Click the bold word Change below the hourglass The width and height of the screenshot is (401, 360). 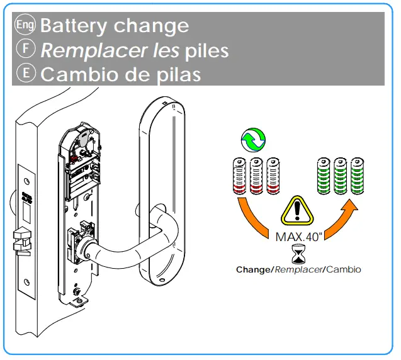coord(253,269)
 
